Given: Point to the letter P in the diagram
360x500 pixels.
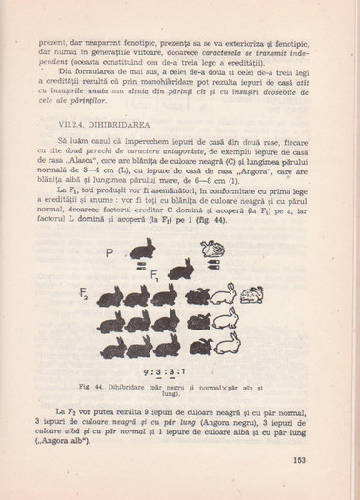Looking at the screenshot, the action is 111,252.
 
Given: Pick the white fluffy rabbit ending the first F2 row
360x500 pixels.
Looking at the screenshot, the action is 251,294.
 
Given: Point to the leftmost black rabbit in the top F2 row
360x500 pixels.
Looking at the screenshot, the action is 110,295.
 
